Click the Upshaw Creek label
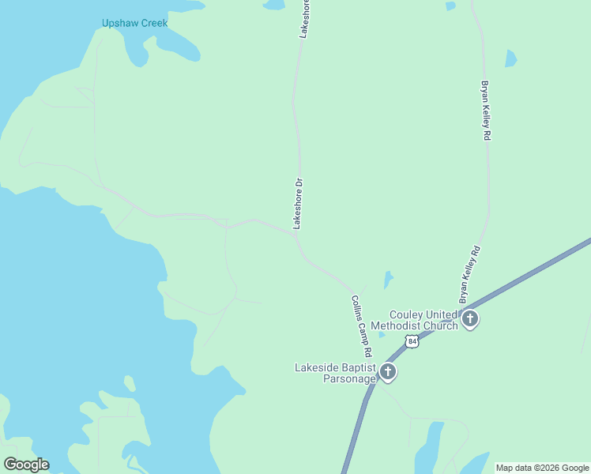134,23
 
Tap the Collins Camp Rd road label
361,325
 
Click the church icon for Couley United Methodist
470,319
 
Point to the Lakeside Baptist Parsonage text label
334,373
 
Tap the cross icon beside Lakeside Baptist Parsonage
387,371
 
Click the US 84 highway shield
410,340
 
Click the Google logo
26,465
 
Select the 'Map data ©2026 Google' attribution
543,468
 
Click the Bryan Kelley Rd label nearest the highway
469,275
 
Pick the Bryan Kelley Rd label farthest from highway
487,110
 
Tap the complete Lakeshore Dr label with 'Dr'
298,204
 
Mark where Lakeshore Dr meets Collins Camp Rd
297,235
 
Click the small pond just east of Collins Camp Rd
387,280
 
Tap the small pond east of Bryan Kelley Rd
510,58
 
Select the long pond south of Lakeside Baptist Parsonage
432,447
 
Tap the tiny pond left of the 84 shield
382,334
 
